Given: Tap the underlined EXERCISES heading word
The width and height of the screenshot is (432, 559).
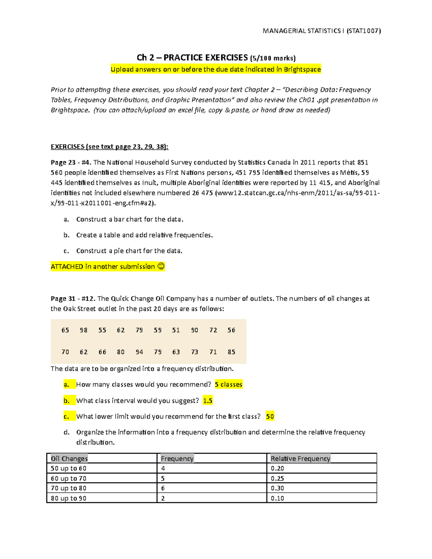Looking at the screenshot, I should tap(67, 146).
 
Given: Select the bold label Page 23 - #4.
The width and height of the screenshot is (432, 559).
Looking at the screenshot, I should tap(71, 162).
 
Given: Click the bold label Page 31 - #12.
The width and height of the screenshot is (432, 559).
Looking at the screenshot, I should tap(73, 298).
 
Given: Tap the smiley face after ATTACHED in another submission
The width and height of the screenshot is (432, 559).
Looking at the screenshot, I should tap(161, 266).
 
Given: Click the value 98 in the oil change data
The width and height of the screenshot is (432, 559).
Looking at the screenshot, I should tap(84, 330).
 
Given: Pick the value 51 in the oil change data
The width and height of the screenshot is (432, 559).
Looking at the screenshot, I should tap(176, 330).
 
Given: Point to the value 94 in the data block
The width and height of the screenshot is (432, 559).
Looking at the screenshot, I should tap(139, 352).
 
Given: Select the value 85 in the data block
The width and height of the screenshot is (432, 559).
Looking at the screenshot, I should tap(231, 352).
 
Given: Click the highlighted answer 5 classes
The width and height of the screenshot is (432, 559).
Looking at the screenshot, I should tap(228, 384).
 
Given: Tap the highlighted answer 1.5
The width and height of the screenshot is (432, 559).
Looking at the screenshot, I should tap(208, 401).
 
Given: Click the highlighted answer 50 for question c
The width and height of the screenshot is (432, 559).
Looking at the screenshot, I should tap(270, 416).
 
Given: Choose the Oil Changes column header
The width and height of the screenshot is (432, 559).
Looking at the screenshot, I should tap(69, 459).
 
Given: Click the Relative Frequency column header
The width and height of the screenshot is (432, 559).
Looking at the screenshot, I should tap(300, 459).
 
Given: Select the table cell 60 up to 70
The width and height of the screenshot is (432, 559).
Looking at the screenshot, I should tap(68, 478).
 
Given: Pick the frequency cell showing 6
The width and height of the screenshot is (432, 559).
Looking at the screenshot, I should tap(163, 488).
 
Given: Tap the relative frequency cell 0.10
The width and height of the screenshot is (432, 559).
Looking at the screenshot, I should tap(277, 498).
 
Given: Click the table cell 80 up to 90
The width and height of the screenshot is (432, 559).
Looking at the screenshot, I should tap(68, 498).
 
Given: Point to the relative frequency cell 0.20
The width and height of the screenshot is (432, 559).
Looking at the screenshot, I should tap(277, 468).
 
